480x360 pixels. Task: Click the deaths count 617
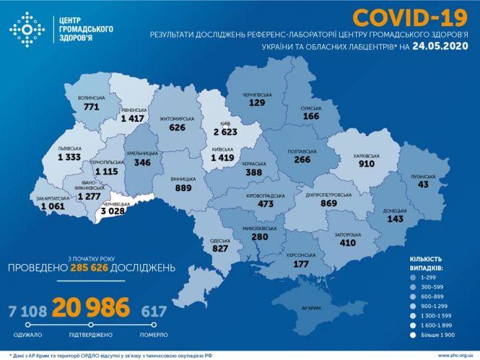[153, 311]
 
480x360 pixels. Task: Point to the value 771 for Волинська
[92, 106]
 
